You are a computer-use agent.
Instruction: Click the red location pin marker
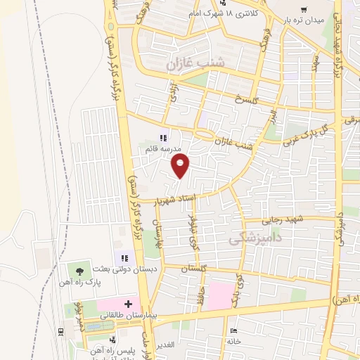(x=181, y=166)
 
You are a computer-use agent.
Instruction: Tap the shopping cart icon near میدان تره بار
(x=303, y=10)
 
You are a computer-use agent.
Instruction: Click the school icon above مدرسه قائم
(x=162, y=138)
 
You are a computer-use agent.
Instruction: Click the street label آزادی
(x=172, y=90)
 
